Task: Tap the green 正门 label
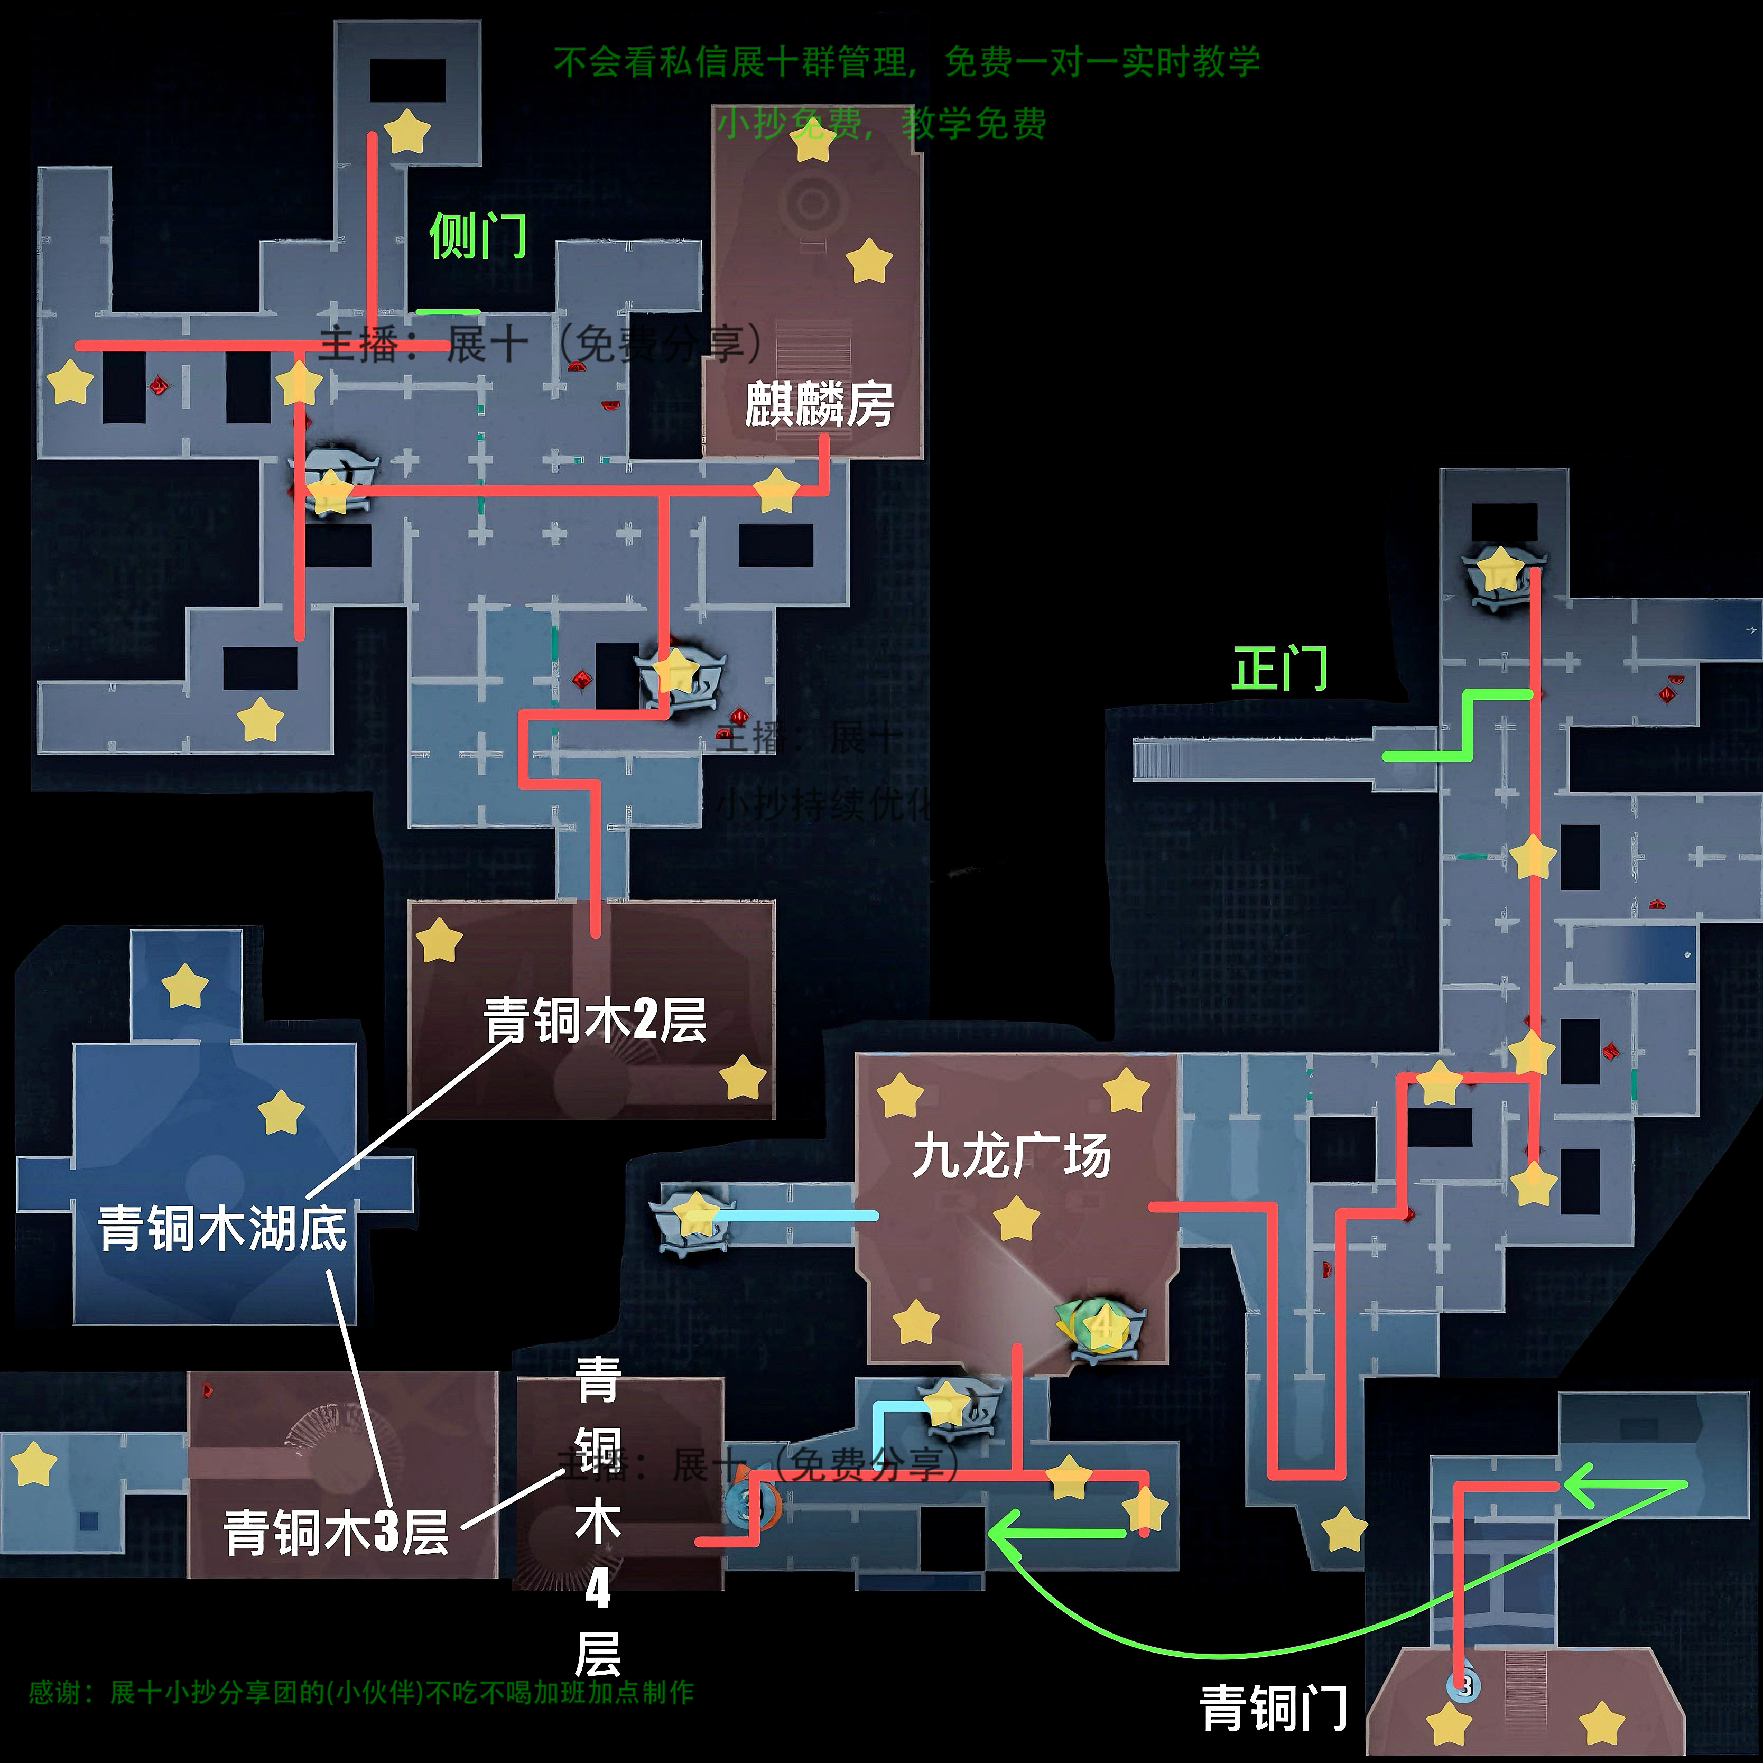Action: tap(1279, 669)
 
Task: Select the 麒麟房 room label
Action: tap(819, 405)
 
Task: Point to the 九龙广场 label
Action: tap(1011, 1156)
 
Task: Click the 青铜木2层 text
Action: tap(595, 1020)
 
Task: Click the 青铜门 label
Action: tap(1273, 1708)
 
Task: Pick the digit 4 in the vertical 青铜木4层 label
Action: tap(598, 1589)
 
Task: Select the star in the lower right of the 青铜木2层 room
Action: tap(743, 1077)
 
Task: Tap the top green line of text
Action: tap(907, 62)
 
